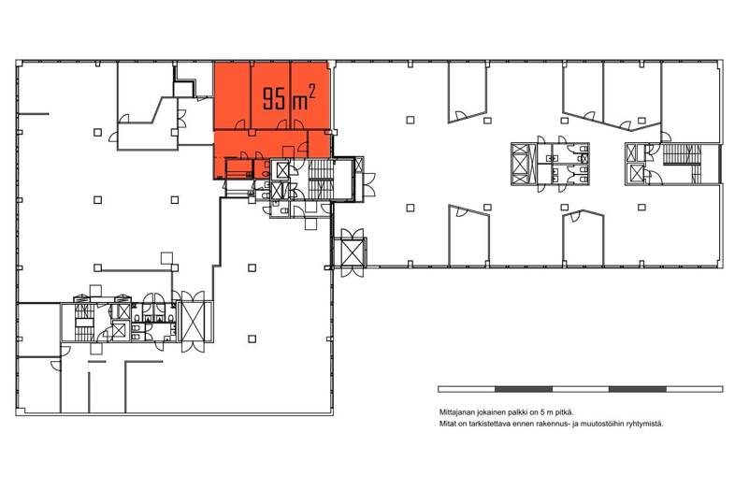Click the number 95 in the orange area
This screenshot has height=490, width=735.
pyautogui.click(x=274, y=98)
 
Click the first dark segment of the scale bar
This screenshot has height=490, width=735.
pyautogui.click(x=524, y=389)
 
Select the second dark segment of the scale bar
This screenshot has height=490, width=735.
pyautogui.click(x=638, y=389)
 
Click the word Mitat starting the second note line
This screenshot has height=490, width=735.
pyautogui.click(x=447, y=424)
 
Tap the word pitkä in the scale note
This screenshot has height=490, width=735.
pyautogui.click(x=565, y=412)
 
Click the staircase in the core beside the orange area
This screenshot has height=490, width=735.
pyautogui.click(x=321, y=180)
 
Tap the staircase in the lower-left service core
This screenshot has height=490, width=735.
pyautogui.click(x=85, y=323)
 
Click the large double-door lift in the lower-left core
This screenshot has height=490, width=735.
pyautogui.click(x=194, y=322)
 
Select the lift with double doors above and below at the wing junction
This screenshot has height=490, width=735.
pyautogui.click(x=352, y=252)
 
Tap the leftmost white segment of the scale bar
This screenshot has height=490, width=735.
pyautogui.click(x=467, y=389)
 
